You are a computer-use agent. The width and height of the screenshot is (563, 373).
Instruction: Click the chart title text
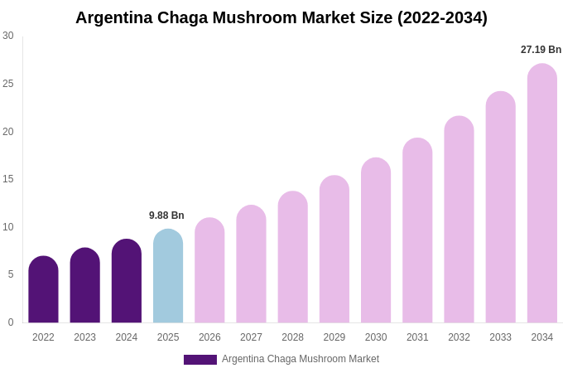[281, 17]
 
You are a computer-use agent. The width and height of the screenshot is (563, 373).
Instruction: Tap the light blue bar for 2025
[168, 277]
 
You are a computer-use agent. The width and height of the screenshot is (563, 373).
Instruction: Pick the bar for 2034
[542, 194]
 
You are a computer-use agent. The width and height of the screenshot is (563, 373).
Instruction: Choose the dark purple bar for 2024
[127, 282]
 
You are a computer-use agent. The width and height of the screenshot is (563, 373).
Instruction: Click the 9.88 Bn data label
[166, 216]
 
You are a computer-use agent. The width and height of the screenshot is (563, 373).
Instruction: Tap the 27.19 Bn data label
[541, 50]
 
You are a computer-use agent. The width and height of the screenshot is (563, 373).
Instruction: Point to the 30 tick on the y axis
[8, 36]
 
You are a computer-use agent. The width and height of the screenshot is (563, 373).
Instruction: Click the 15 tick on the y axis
[8, 179]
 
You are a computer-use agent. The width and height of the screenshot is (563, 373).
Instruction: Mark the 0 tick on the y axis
[10, 322]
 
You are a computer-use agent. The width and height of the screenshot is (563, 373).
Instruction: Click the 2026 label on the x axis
[209, 337]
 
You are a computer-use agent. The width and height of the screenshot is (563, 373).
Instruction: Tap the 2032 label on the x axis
[459, 337]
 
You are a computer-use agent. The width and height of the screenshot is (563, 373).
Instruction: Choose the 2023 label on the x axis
[84, 337]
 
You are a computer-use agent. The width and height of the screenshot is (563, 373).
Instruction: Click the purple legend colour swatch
[200, 360]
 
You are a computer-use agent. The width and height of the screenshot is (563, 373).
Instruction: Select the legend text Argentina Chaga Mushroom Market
[301, 359]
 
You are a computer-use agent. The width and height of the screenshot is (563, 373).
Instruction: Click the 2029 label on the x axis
[334, 337]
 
